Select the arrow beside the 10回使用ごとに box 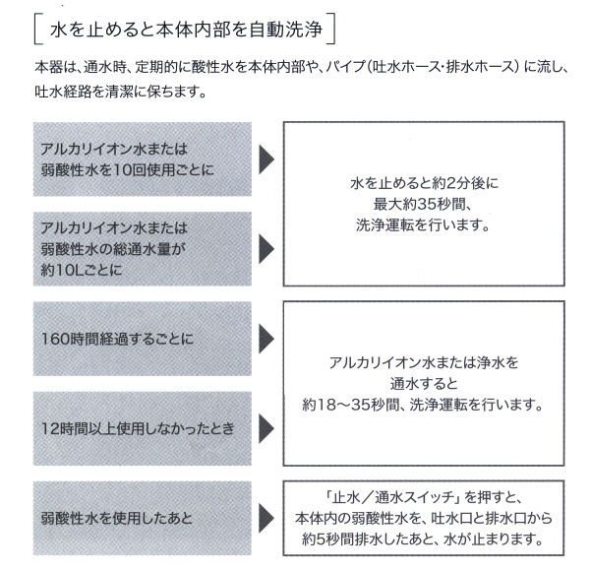click(x=266, y=159)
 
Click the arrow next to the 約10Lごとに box click(x=266, y=249)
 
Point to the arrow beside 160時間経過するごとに click(x=266, y=339)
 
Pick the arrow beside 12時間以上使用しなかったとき click(x=266, y=428)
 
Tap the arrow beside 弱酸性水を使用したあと click(x=266, y=518)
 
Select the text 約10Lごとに click(x=82, y=270)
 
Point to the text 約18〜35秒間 click(x=350, y=405)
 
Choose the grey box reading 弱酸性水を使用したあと click(x=143, y=518)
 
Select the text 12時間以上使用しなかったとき click(x=138, y=428)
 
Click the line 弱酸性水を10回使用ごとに click(x=127, y=170)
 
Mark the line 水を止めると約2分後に click(x=424, y=183)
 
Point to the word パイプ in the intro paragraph click(x=345, y=67)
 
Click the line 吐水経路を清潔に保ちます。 click(x=121, y=92)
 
